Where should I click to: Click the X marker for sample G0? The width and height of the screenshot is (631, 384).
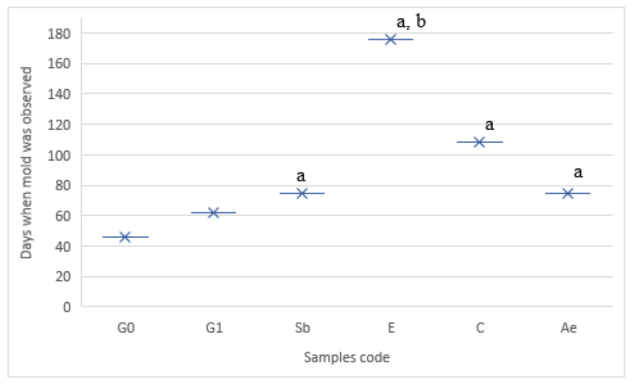tap(125, 237)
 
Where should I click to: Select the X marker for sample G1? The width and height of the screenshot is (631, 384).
tap(213, 213)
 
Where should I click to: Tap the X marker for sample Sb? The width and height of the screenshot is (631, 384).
tap(302, 193)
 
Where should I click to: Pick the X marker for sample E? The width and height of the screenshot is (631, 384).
tap(391, 39)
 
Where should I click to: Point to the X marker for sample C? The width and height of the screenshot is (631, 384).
tap(479, 142)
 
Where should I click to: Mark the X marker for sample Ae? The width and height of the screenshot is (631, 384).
tap(567, 193)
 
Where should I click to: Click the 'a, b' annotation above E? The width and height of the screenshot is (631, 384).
tap(411, 22)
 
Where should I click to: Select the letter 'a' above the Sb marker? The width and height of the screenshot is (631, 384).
tap(301, 176)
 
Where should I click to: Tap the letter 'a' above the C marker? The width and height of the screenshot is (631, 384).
tap(489, 125)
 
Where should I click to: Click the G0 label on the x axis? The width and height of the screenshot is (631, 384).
tap(126, 328)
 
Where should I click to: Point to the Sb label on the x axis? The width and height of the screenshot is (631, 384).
tap(302, 328)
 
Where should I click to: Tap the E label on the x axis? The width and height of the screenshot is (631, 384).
tap(391, 328)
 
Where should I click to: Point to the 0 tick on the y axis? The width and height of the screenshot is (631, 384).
tap(68, 307)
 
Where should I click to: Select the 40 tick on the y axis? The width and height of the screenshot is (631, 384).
tap(66, 246)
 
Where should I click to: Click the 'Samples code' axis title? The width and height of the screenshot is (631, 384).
tap(347, 357)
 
